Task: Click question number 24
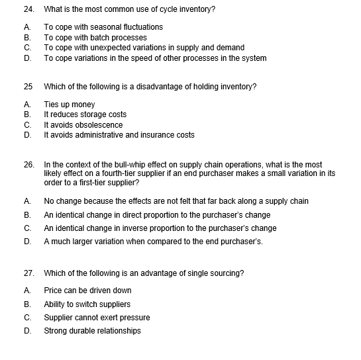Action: pos(28,10)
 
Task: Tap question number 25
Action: pos(28,87)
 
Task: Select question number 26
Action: pos(28,164)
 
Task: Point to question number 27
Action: pos(28,273)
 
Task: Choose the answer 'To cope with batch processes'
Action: pos(95,38)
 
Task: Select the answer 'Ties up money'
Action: pos(70,105)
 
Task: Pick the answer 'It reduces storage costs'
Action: pos(85,114)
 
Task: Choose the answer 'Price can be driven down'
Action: pos(87,291)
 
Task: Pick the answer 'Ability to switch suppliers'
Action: pos(87,304)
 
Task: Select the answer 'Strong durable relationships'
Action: pos(92,331)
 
